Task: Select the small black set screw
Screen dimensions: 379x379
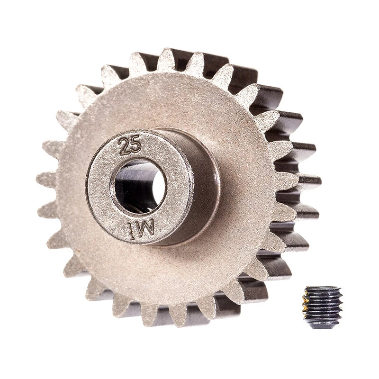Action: (x=322, y=307)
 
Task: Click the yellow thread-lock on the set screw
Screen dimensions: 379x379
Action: (x=306, y=305)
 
